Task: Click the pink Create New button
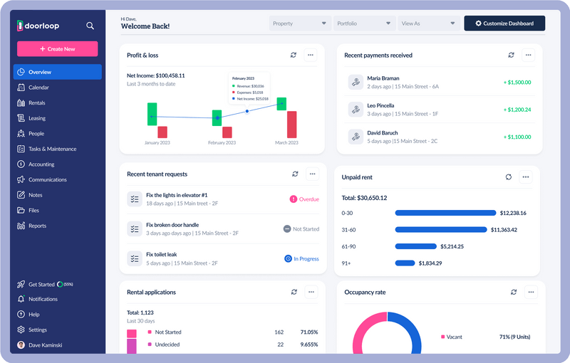coord(57,48)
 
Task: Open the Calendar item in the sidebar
coord(38,88)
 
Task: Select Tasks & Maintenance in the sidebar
coord(52,149)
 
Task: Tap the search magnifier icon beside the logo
coord(90,26)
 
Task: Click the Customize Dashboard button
coord(504,23)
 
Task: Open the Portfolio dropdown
coord(364,23)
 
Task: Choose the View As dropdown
coord(427,23)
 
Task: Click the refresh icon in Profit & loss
coord(294,55)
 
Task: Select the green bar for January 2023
coord(152,114)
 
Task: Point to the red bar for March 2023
coord(291,124)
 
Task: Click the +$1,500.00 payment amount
coord(517,82)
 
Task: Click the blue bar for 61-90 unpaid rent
coord(415,246)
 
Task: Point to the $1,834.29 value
coord(430,263)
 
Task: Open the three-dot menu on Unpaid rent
coord(525,177)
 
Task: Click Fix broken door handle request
coord(172,225)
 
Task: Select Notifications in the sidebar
coord(43,299)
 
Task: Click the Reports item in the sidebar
coord(37,226)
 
